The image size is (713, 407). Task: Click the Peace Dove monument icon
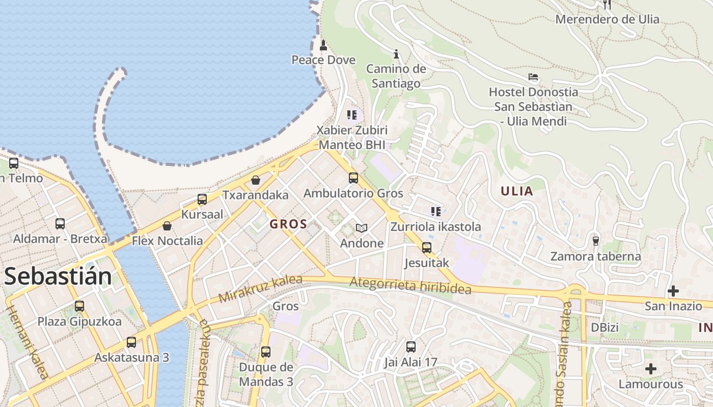[x=323, y=46]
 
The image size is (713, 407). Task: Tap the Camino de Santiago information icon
[x=396, y=54]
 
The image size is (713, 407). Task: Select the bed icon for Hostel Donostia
[x=533, y=77]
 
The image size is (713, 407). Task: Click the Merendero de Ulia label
[x=607, y=19]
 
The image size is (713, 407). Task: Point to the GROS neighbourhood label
[x=288, y=224]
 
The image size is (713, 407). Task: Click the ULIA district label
[x=517, y=191]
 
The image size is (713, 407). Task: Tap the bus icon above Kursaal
[x=202, y=199]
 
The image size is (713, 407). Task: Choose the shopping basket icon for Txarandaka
[x=256, y=180]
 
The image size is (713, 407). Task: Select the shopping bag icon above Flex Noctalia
[x=167, y=226]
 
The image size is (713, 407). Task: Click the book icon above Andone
[x=362, y=228]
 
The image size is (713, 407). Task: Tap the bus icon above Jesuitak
[x=427, y=248]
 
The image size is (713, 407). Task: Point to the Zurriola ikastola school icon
[x=435, y=212]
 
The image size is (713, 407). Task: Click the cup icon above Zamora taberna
[x=595, y=241]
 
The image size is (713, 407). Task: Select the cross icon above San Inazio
[x=673, y=291]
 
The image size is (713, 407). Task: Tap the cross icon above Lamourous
[x=650, y=369]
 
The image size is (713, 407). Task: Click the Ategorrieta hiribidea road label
[x=410, y=285]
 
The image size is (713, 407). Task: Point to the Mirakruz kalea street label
[x=260, y=289]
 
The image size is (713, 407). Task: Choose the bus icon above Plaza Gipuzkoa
[x=79, y=306]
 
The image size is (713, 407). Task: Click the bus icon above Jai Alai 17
[x=411, y=347]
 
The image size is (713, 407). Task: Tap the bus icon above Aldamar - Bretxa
[x=60, y=224]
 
